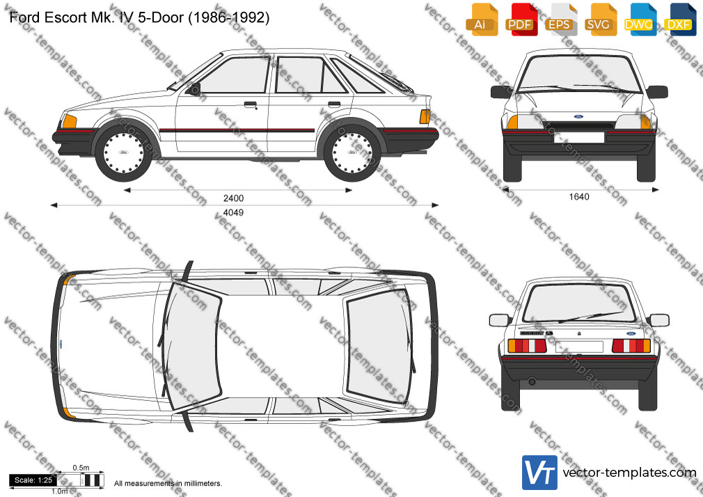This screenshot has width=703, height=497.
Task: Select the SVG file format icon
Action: point(600,19)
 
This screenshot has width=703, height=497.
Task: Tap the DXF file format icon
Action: point(680,19)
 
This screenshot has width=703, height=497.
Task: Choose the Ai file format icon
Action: point(481,19)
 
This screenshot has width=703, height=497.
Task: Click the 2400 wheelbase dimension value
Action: point(234,198)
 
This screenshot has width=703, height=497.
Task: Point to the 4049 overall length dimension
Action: point(234,212)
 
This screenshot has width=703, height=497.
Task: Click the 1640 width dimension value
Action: point(579,196)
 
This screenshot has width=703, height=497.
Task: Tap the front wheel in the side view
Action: point(123,152)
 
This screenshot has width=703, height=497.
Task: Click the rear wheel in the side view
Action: point(352,152)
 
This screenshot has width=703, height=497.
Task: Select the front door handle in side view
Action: point(250,105)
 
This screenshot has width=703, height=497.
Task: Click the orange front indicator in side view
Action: point(69,121)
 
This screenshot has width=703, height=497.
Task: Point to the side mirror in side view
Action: point(195,89)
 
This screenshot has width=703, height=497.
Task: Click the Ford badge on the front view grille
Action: point(578,117)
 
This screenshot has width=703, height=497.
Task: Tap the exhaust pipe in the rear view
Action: point(532,381)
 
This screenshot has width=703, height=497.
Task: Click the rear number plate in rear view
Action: point(579,346)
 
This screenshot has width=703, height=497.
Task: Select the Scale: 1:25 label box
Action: point(33,480)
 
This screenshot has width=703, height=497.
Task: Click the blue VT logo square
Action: point(539,473)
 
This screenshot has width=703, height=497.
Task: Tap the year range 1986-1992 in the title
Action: point(230,17)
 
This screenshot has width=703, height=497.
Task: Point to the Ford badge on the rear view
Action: point(631,334)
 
